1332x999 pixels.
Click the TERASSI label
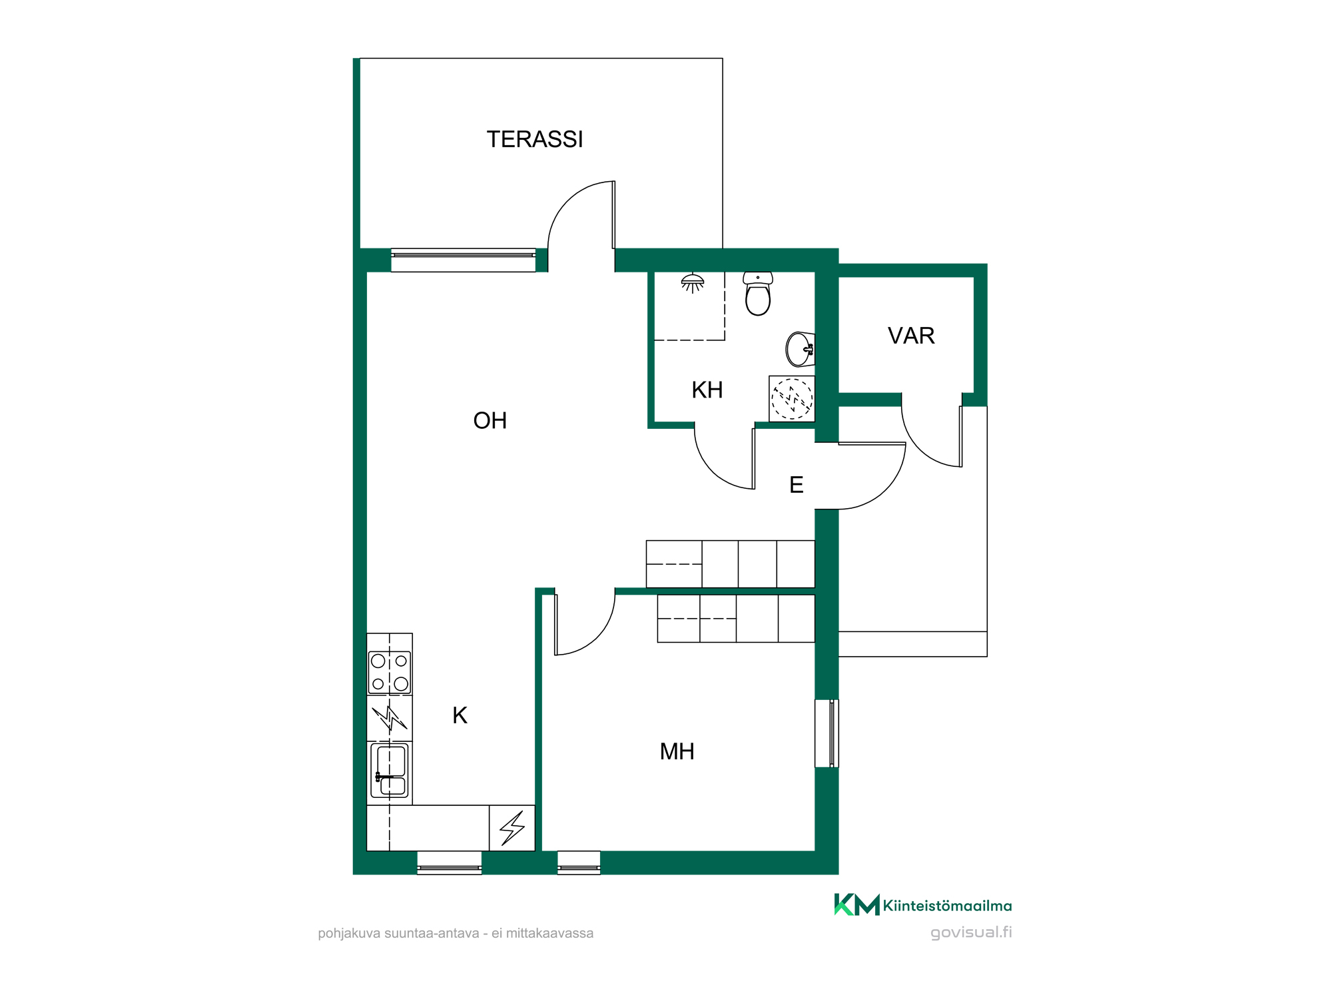pos(535,139)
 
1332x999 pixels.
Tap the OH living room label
pos(490,421)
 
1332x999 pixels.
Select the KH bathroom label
pos(707,390)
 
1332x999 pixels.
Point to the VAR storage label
pos(911,336)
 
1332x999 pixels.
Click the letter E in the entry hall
pos(797,485)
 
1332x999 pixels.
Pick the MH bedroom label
pos(677,752)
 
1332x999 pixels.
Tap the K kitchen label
pos(460,715)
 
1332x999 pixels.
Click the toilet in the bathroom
pos(758,293)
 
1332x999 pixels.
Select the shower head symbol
pos(693,283)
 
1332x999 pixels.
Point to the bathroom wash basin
pos(800,349)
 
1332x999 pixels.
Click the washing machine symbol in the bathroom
pos(792,399)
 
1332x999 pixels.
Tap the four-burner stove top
pos(390,673)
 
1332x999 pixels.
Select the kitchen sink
pos(390,771)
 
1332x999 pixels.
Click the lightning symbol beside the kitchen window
pos(512,829)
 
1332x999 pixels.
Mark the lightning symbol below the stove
pos(389,719)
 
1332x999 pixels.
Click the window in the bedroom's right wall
pos(827,733)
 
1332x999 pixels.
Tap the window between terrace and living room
pos(464,260)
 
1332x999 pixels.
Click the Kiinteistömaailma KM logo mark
pos(856,904)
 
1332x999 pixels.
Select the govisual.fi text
pos(971,932)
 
